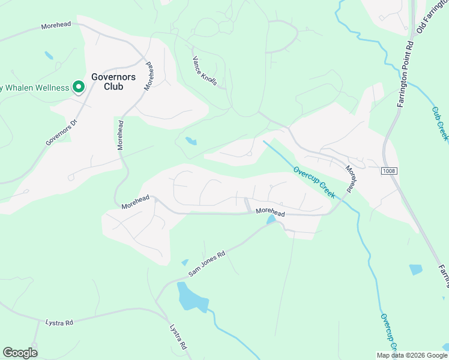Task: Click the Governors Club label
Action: tap(113, 82)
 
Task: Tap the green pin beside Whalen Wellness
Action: tap(78, 88)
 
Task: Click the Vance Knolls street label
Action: tap(204, 71)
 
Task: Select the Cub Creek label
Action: tap(440, 124)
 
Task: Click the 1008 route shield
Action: tap(389, 172)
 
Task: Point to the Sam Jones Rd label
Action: tap(206, 263)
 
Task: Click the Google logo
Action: tap(20, 353)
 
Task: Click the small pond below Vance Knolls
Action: tap(191, 142)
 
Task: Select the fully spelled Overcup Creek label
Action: tap(314, 182)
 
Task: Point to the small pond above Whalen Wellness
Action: tap(49, 56)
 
